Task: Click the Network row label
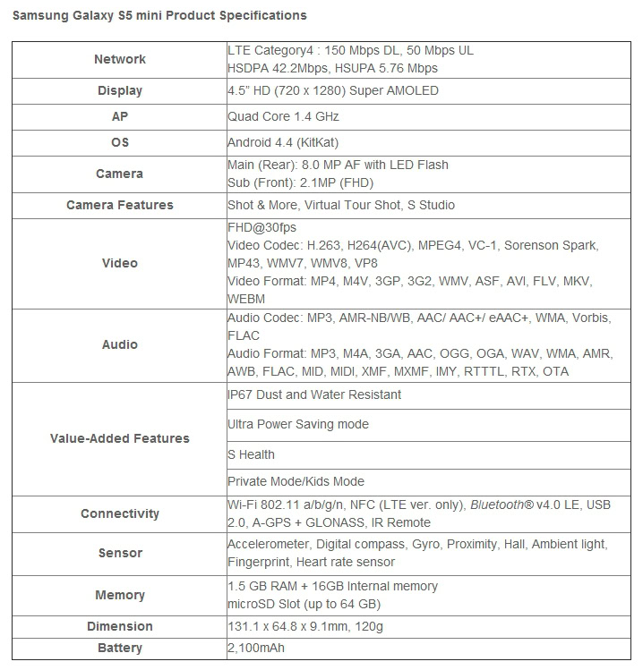point(119,59)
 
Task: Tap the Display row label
point(119,90)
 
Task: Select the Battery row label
point(119,647)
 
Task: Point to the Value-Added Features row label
point(119,438)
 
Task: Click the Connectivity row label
point(119,513)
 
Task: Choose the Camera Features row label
point(119,205)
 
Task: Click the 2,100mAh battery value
point(257,647)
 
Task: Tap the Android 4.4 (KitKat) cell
point(283,142)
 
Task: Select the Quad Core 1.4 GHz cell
point(283,116)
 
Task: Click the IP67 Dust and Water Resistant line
point(314,394)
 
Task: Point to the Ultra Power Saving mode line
point(298,424)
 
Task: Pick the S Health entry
point(251,454)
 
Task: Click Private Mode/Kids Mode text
point(296,481)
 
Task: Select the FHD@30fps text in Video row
point(261,227)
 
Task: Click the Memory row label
point(119,595)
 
